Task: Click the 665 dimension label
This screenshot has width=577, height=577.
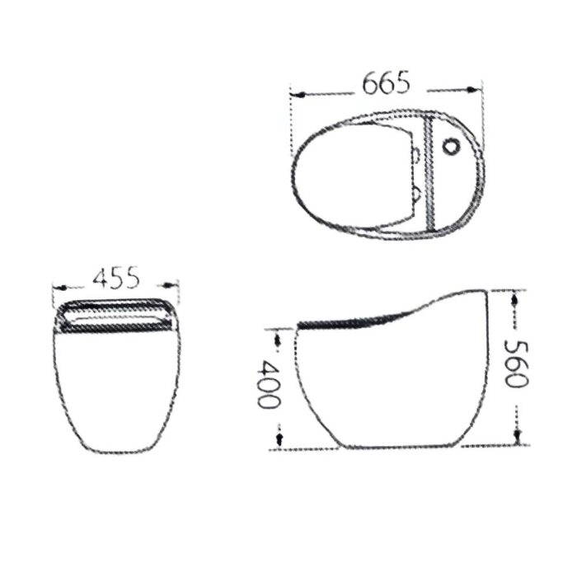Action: pos(385,83)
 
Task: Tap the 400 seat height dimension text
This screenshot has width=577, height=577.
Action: pos(266,384)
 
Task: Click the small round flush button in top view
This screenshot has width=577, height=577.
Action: pos(452,148)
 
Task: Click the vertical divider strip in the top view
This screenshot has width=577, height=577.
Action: pos(429,173)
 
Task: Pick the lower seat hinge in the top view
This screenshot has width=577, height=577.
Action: pos(419,194)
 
